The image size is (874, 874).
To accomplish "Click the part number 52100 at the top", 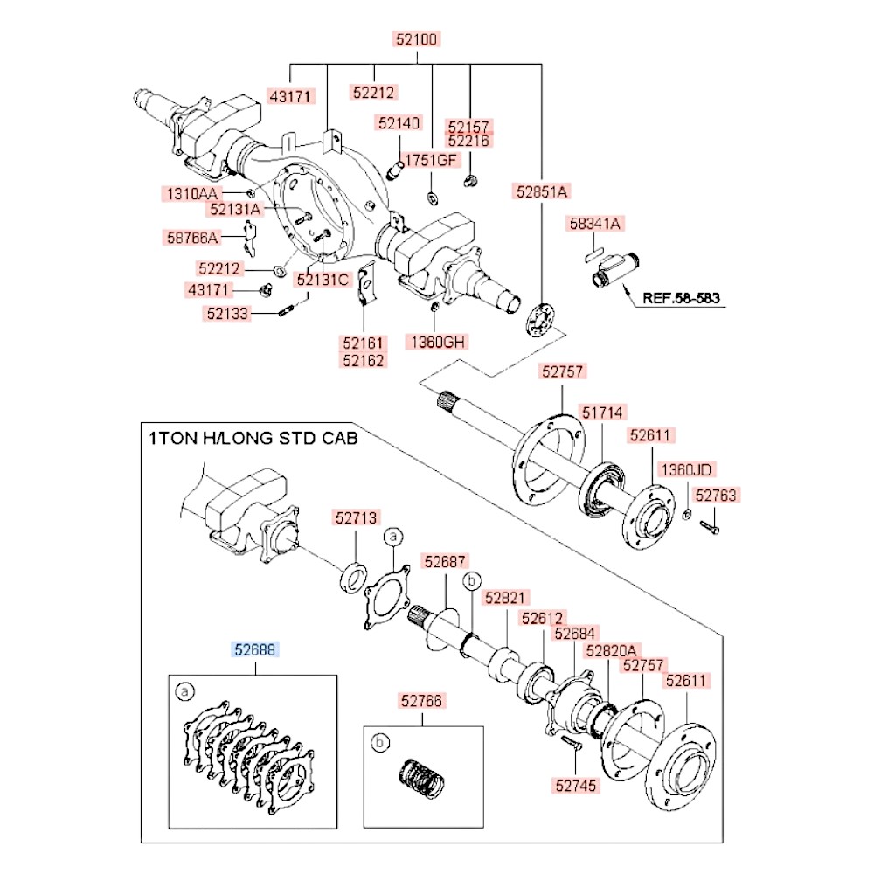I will click(416, 39).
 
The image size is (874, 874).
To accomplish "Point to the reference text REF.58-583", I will click(681, 298).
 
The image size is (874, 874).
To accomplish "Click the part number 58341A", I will click(595, 225).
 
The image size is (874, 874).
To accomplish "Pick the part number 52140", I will click(399, 123).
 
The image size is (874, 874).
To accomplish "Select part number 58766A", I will click(193, 236).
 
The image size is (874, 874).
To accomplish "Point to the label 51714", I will click(603, 412).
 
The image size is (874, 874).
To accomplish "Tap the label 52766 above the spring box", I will click(422, 700).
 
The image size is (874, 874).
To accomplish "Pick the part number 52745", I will click(575, 786).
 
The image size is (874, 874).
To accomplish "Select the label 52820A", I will click(613, 650).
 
